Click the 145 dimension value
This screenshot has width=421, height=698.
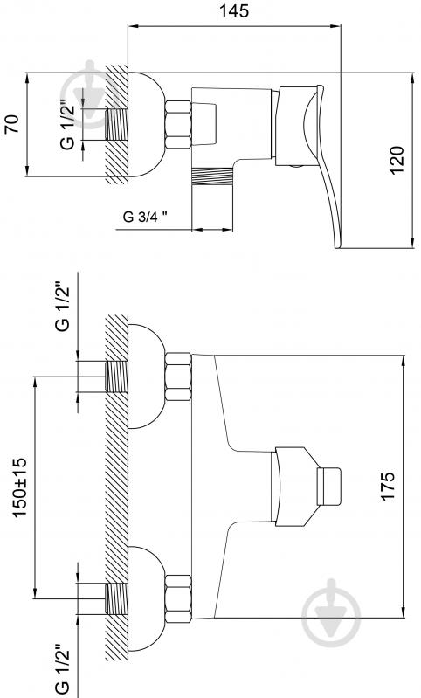coord(234,11)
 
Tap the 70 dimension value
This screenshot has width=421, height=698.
coord(12,124)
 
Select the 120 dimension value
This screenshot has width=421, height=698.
coord(397,160)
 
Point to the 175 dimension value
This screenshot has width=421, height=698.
coord(388,487)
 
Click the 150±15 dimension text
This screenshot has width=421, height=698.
coord(20,487)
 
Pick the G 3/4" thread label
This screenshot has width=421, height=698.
coord(146,217)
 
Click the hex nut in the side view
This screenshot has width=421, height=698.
coord(178,124)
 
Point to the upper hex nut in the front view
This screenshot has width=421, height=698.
coord(178,377)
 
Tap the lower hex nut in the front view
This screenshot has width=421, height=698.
coord(178,598)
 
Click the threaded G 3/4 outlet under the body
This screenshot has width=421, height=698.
coord(212,176)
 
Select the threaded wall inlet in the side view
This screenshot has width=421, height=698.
coord(116,124)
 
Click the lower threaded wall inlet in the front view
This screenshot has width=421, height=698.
coord(116,598)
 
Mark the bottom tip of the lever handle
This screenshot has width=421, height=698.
coord(338,247)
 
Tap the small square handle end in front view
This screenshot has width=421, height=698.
coord(329,487)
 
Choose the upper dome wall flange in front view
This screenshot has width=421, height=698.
coord(147,377)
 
